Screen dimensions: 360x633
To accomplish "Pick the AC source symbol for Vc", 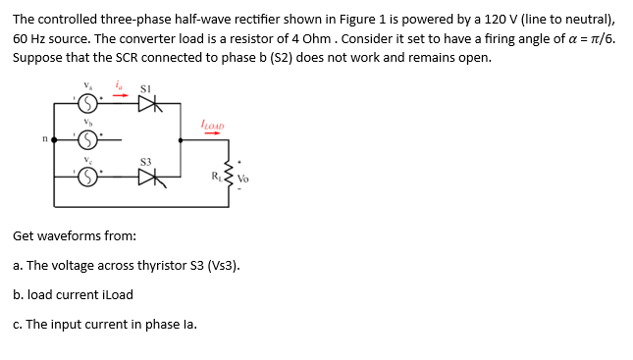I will click(86, 177).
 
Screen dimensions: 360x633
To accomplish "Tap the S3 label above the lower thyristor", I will click(145, 159).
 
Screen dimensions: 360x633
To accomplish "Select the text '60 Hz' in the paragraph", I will click(28, 37).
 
